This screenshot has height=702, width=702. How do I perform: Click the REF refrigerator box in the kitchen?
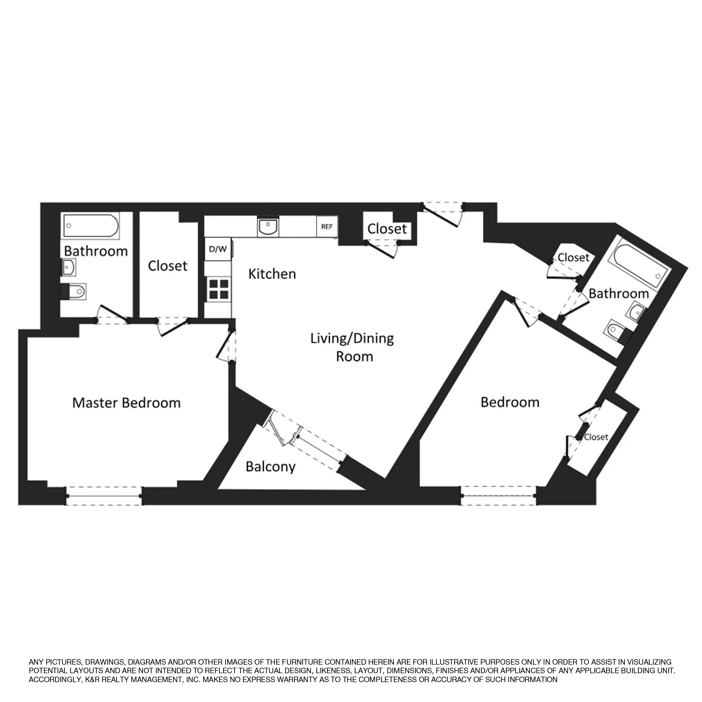[327, 227]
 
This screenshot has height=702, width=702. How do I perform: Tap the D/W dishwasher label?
[218, 249]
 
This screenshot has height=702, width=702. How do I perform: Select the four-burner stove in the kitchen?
[218, 289]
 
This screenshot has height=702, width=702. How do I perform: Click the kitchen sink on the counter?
[268, 228]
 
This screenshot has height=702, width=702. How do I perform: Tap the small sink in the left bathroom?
[69, 267]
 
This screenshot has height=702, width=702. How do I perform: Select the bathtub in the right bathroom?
[643, 266]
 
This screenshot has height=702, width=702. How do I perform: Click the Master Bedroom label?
[126, 403]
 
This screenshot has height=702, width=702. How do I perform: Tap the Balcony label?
[270, 467]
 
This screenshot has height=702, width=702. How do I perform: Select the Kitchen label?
[272, 274]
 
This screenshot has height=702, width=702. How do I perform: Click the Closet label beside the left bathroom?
[168, 266]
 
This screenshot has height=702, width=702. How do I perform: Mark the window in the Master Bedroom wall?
[104, 496]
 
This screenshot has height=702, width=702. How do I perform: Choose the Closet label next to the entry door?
[387, 229]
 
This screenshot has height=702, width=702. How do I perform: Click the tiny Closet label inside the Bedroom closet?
[596, 437]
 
